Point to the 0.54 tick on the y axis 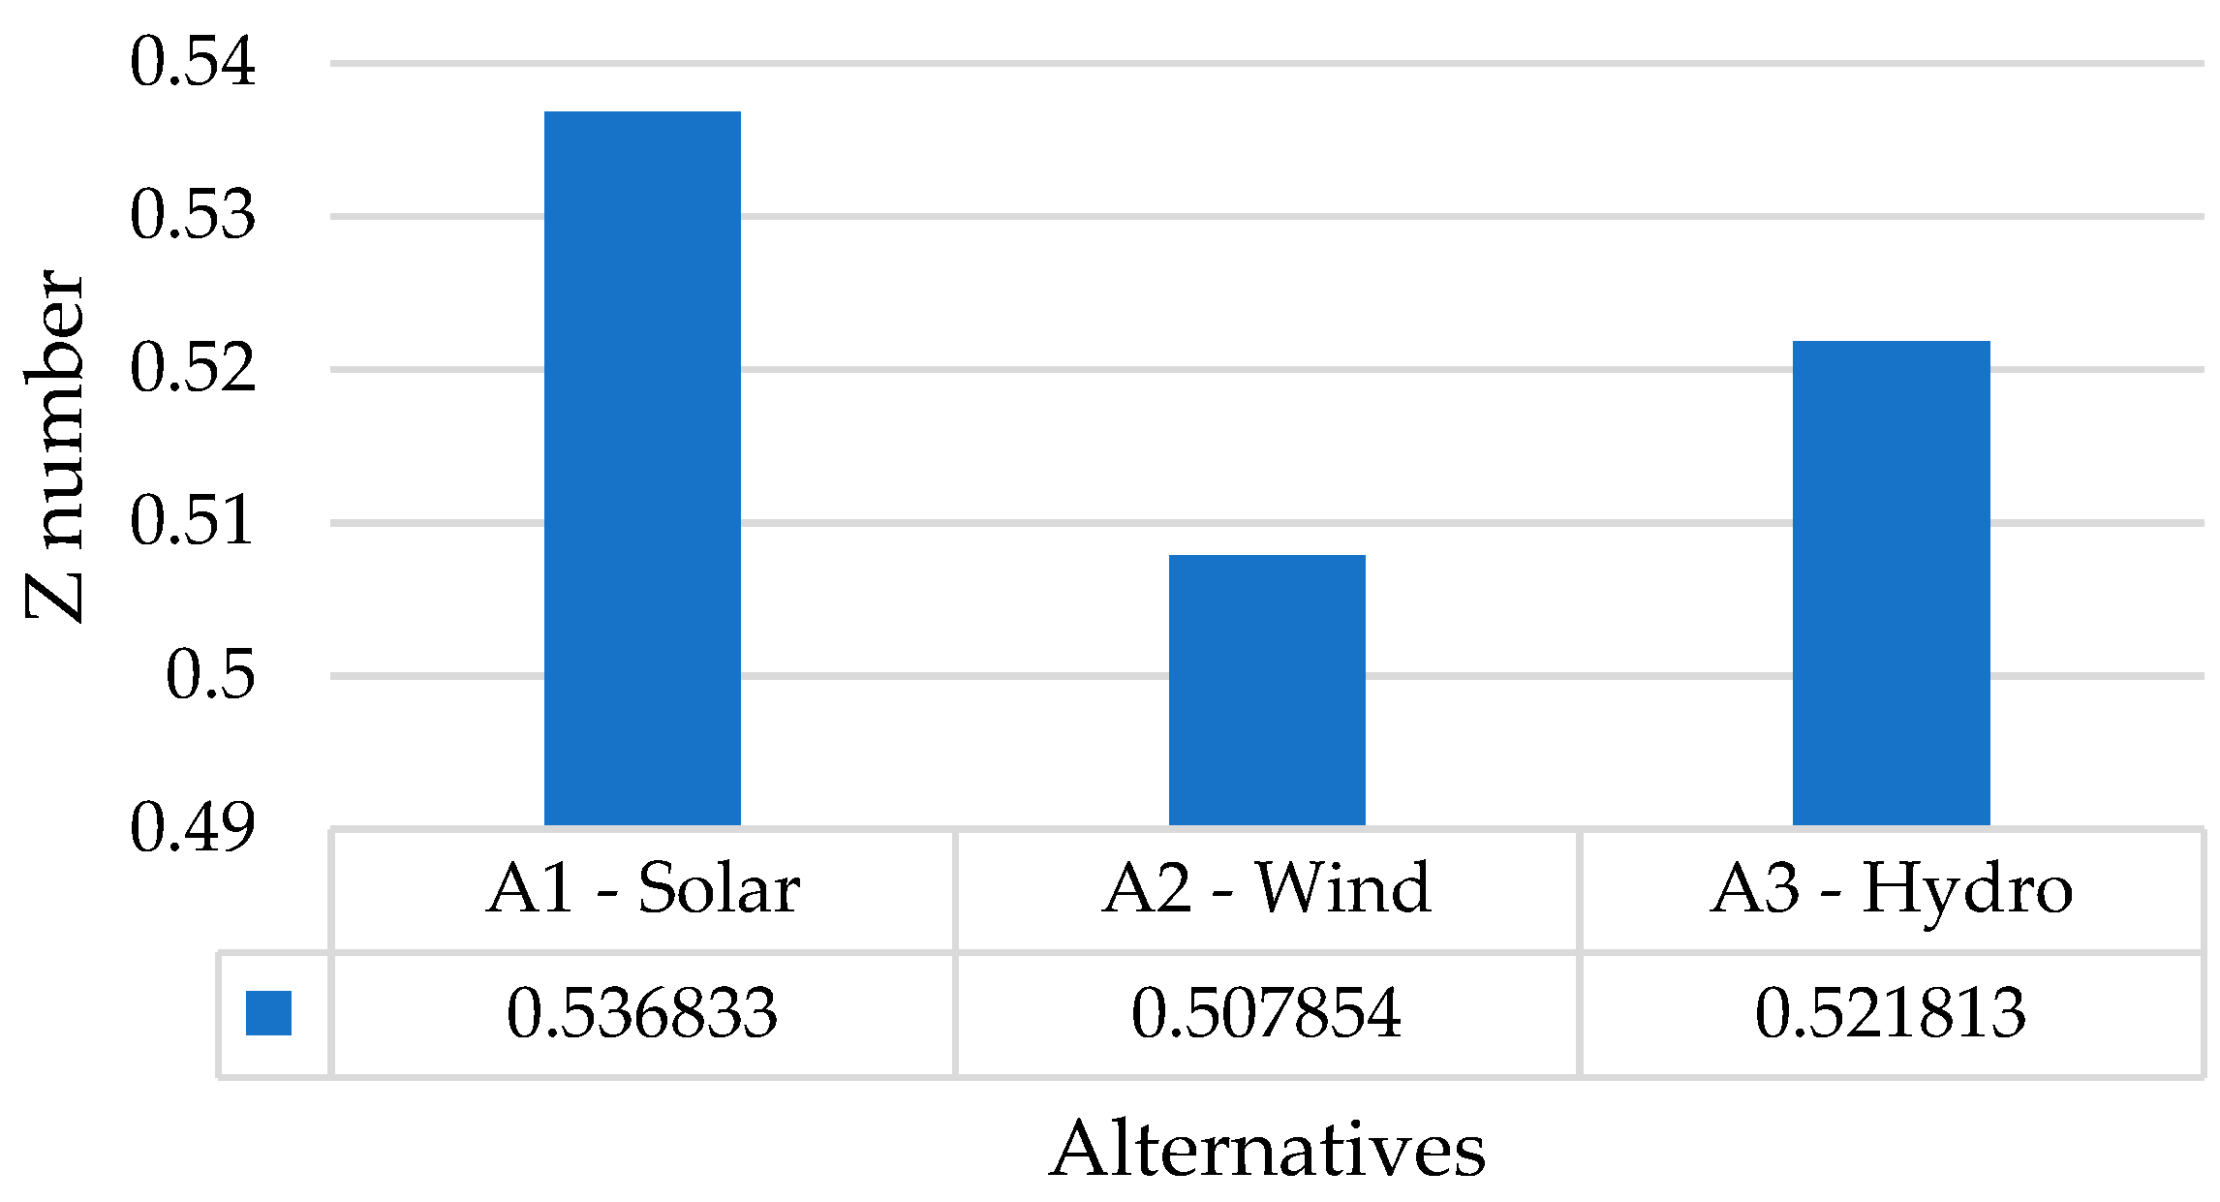[193, 62]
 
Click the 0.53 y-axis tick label [193, 215]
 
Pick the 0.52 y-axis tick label [193, 369]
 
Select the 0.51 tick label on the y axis [193, 522]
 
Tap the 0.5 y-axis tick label [210, 675]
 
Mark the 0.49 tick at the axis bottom [193, 828]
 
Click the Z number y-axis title [55, 446]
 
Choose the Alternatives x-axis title [1267, 1150]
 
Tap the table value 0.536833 [642, 1014]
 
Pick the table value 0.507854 [1267, 1014]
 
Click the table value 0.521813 [1891, 1014]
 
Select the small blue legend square [268, 1013]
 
